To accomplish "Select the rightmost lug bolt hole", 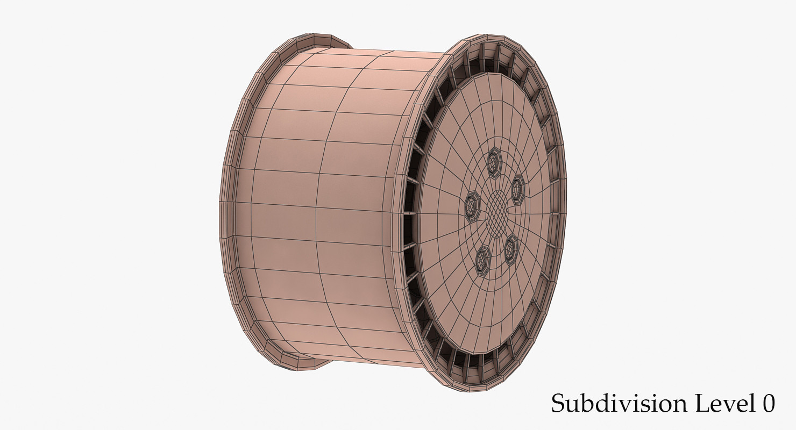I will tap(517, 189).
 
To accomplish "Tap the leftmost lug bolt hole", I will tap(472, 206).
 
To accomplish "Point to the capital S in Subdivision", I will tap(558, 404).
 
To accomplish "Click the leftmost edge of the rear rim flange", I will tap(221, 215).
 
